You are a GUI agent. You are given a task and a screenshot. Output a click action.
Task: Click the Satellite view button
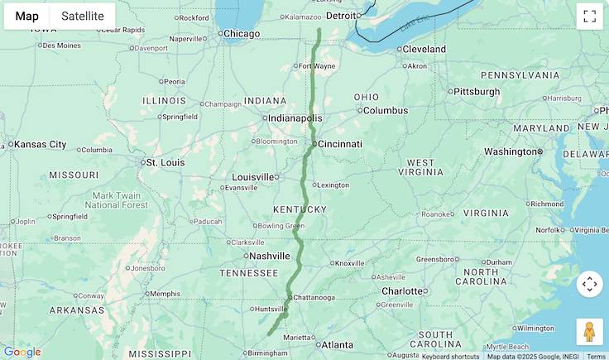click(x=83, y=16)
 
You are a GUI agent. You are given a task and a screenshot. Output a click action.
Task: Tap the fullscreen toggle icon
click(x=589, y=16)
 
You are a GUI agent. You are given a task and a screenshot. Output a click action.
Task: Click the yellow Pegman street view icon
click(x=589, y=332)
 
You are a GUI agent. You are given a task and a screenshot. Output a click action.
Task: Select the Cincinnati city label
click(x=339, y=144)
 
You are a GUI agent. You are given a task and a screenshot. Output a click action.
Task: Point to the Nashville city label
click(x=269, y=256)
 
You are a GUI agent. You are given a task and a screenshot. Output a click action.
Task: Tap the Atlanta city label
click(x=337, y=345)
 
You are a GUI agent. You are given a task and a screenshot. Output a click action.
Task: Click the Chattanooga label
click(x=314, y=297)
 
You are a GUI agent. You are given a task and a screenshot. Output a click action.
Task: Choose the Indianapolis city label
click(x=295, y=118)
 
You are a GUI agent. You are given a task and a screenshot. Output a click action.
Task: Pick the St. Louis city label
click(x=165, y=162)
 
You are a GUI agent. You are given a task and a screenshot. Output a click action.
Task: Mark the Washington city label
click(x=510, y=151)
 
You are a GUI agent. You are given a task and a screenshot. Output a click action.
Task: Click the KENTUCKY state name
click(x=300, y=209)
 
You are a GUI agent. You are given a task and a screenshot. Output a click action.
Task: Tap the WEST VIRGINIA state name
click(x=420, y=168)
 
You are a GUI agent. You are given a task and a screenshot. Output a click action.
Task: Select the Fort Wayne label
click(x=317, y=66)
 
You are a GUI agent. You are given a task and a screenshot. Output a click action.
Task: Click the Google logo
click(x=22, y=352)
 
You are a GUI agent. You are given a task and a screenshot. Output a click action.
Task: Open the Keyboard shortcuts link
click(x=450, y=356)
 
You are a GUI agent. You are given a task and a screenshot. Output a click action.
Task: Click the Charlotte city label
click(x=402, y=291)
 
